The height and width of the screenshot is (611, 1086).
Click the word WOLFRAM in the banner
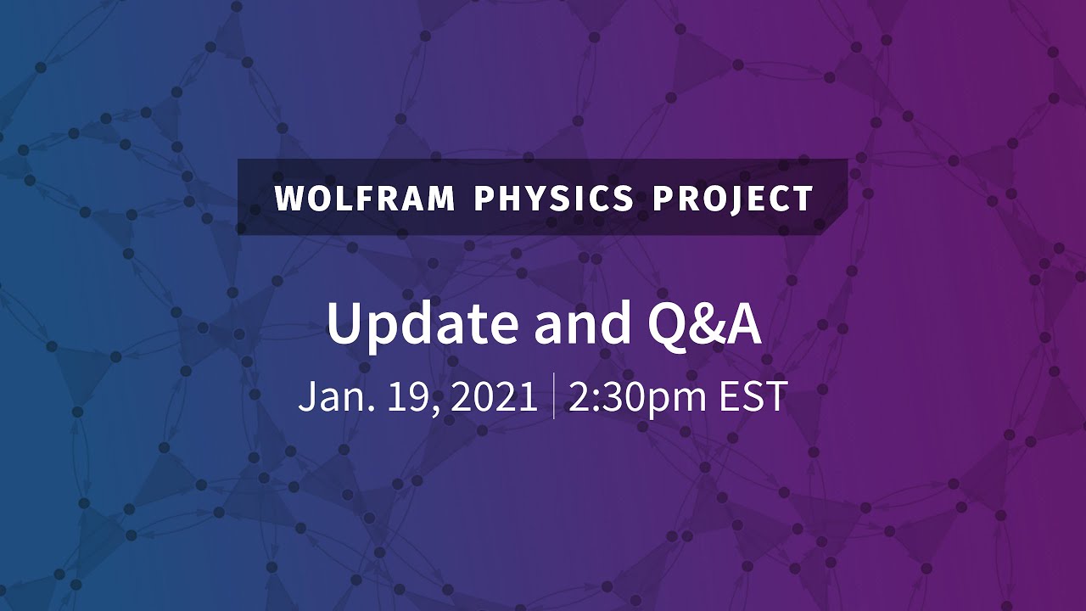coord(366,199)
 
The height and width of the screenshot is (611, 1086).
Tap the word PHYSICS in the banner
coord(554,199)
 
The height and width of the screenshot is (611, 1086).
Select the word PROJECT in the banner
coord(733,199)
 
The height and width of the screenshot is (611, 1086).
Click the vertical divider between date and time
coord(554,395)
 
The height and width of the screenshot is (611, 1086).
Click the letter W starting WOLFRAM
coord(289,199)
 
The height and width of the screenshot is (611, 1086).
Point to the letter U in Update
coord(344,322)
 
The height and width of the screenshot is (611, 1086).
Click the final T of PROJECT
coord(803,199)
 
